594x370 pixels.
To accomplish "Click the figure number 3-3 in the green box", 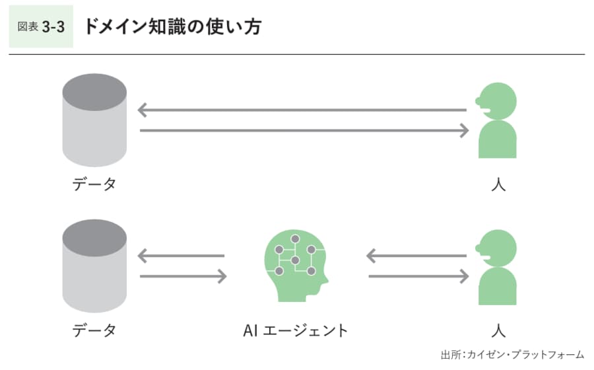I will click(52, 27).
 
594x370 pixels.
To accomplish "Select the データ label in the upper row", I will click(94, 184).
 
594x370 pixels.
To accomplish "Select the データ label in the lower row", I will click(94, 329).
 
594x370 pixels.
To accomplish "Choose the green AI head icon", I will click(295, 264).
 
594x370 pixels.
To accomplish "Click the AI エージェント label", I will click(294, 329).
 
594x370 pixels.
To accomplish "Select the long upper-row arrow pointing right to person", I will click(304, 131).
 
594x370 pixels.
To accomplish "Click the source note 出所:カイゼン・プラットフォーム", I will click(512, 354).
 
